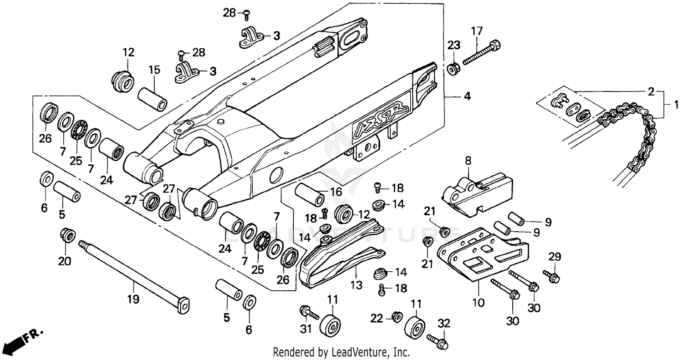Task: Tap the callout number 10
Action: point(479,302)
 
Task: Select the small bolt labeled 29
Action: point(551,275)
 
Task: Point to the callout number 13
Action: point(357,285)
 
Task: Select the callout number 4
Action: point(467,96)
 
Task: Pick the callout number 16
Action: point(336,191)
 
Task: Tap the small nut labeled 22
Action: point(396,316)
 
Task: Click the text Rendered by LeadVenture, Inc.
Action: point(341,352)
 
